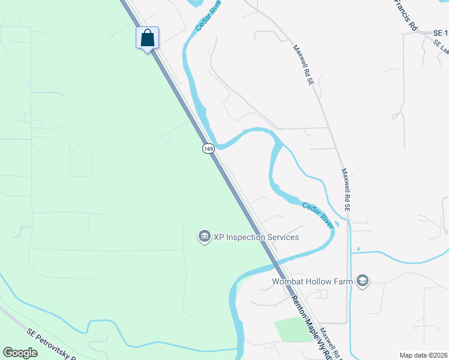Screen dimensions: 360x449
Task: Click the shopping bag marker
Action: click(x=148, y=38)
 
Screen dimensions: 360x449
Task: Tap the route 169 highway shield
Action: click(x=208, y=148)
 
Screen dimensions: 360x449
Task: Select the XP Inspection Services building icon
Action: click(x=204, y=237)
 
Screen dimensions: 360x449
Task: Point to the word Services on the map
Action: click(x=283, y=237)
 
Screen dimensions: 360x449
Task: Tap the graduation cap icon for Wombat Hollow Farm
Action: click(x=363, y=281)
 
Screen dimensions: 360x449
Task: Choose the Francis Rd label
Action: click(x=405, y=14)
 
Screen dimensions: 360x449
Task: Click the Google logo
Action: click(x=20, y=353)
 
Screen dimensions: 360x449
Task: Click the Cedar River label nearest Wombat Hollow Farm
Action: click(x=318, y=214)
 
